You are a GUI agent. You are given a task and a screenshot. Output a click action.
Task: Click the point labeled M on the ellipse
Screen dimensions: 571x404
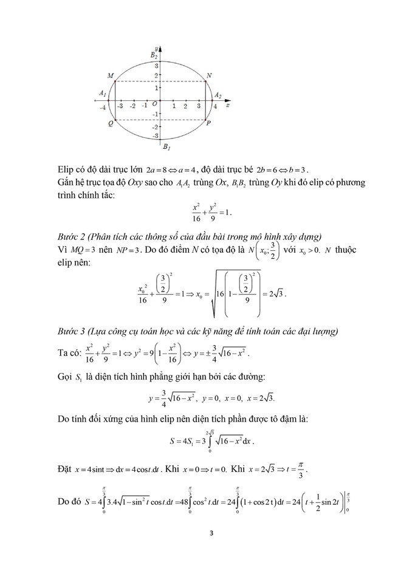click(x=115, y=81)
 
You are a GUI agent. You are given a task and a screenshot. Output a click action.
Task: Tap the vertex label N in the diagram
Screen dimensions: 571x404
click(x=209, y=75)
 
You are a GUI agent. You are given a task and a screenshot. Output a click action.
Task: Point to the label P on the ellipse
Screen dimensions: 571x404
click(x=208, y=123)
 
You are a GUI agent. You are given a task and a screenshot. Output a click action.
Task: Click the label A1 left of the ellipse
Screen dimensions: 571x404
click(x=102, y=92)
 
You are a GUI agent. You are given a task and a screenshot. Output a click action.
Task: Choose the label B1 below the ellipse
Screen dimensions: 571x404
click(x=166, y=146)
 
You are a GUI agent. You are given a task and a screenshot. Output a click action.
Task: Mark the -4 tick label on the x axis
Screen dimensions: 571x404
click(x=104, y=107)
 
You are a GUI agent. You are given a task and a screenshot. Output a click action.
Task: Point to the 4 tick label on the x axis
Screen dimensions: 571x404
click(x=214, y=107)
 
